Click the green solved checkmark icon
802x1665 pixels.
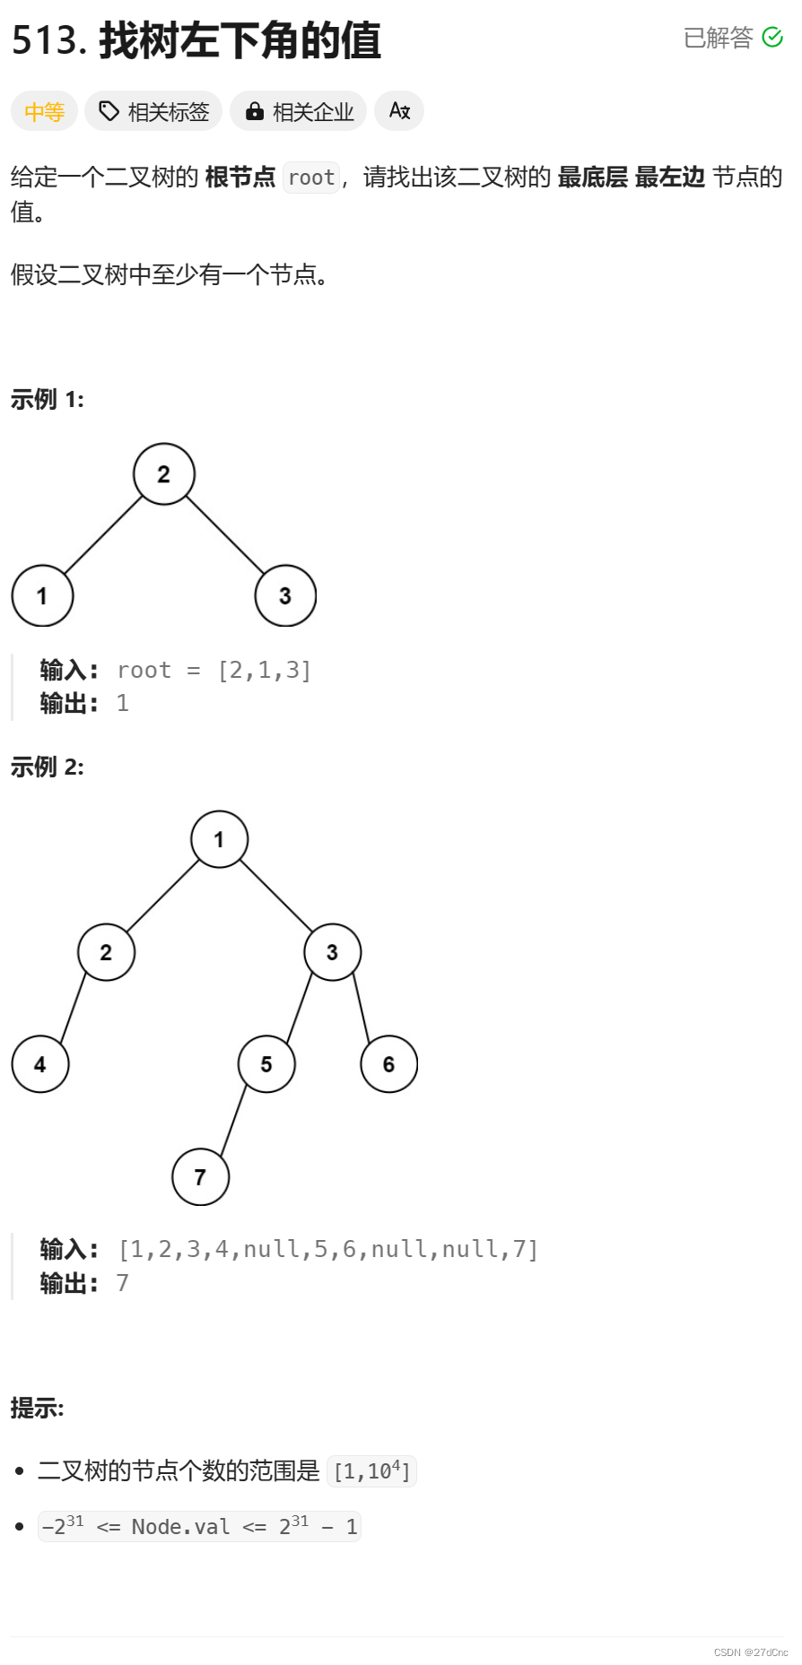coord(772,38)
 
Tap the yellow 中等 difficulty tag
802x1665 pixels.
coord(44,112)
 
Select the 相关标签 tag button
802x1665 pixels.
coord(153,112)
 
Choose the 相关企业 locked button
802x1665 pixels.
coord(299,112)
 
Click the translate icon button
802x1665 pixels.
coord(399,111)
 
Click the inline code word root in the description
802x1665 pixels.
coord(311,178)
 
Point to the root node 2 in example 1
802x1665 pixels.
coord(163,474)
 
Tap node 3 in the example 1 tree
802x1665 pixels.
coord(285,596)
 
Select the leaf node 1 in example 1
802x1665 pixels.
coord(42,596)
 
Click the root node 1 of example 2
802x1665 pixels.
coord(219,839)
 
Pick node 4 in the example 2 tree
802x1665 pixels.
coord(40,1064)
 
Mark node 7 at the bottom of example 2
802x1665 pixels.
coord(200,1177)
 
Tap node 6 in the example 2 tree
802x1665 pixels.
coord(388,1064)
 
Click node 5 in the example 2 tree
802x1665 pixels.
coord(266,1064)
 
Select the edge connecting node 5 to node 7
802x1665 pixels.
coord(233,1121)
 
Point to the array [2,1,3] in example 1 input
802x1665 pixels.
coord(265,671)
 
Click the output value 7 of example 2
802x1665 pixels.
coord(123,1283)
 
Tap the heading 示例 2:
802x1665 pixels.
coord(48,767)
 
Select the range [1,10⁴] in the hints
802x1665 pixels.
coord(371,1471)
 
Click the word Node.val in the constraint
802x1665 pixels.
coord(180,1527)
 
